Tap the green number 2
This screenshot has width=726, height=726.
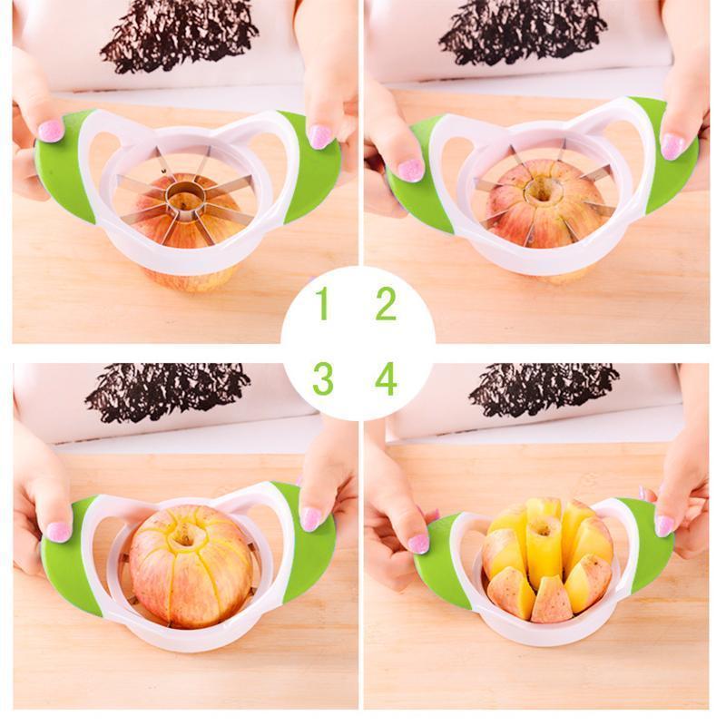(386, 303)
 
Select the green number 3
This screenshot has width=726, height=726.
(323, 378)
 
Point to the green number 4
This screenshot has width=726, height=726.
(387, 378)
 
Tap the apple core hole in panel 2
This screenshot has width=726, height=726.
(540, 190)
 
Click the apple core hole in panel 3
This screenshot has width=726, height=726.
(184, 536)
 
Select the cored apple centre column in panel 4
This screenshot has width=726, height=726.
(543, 550)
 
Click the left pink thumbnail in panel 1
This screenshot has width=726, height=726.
(51, 131)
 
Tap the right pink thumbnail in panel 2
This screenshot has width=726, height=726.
(672, 146)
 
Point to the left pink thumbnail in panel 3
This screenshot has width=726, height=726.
(59, 531)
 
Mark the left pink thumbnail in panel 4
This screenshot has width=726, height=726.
(418, 544)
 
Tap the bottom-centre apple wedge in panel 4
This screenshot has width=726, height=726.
(551, 601)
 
